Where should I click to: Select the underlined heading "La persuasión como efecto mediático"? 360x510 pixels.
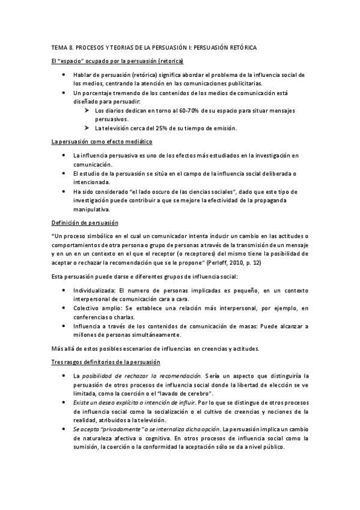pos(102,141)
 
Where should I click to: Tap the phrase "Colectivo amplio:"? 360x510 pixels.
pos(96,307)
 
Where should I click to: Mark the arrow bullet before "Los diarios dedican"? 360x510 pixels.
pos(88,111)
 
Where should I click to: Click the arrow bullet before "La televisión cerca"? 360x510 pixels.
pos(88,128)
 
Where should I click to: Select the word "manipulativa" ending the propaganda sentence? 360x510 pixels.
pos(90,209)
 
